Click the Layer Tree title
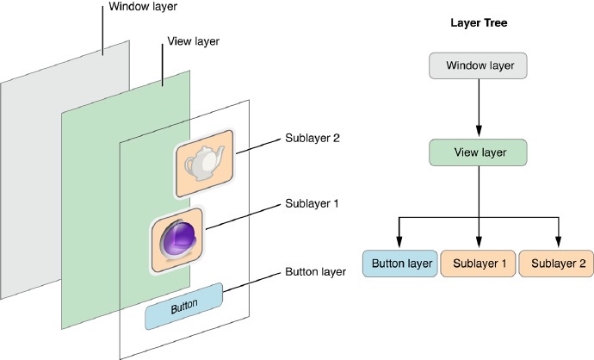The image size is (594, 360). point(479,23)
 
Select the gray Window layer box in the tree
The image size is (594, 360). point(479,65)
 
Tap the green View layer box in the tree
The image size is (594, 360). point(479,152)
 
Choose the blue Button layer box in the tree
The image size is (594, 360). point(399,263)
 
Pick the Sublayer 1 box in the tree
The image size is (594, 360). point(479,263)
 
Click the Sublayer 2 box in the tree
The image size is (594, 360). point(558,263)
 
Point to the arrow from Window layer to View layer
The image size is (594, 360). point(479,109)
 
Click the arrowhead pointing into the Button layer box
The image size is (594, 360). point(399,242)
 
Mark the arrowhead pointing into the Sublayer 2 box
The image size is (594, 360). point(558,242)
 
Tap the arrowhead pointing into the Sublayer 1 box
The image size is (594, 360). point(479,242)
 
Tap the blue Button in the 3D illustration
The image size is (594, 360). point(183,306)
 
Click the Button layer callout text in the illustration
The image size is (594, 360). point(315,271)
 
